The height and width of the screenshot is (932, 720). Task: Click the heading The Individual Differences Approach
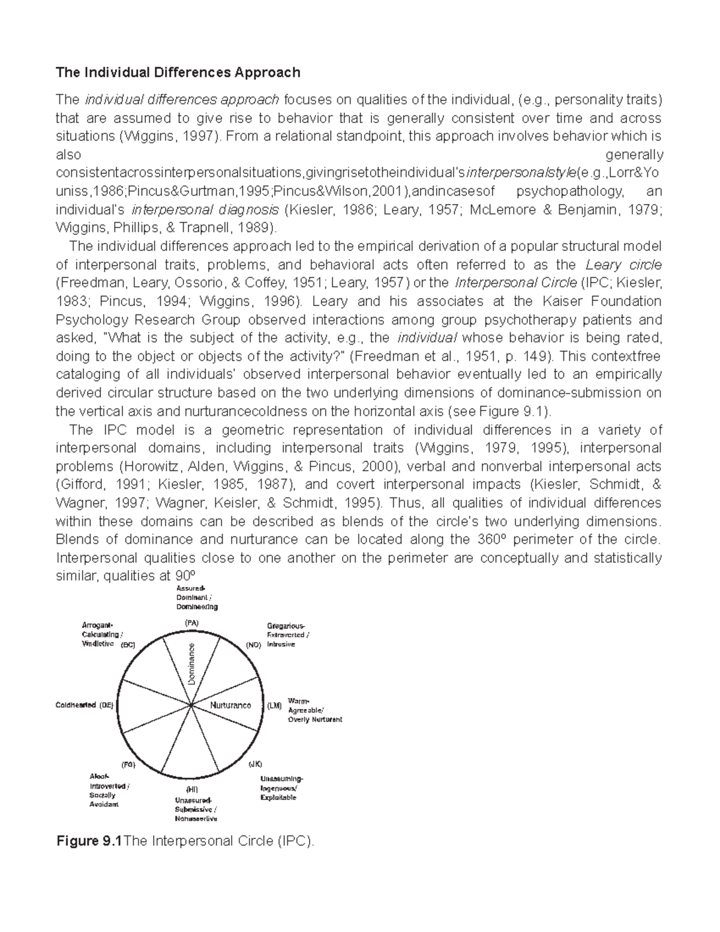(x=178, y=73)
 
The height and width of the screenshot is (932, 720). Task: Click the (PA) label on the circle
(x=191, y=624)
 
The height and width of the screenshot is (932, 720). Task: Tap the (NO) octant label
(x=254, y=645)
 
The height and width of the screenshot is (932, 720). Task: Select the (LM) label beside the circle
(x=274, y=706)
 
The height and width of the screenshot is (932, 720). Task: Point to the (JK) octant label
(x=256, y=764)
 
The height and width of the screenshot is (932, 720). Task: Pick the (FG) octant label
(x=129, y=765)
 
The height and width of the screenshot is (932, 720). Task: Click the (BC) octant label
(x=128, y=645)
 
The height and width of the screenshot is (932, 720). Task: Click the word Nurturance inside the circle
(x=231, y=705)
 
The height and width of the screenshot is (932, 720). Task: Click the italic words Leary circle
(x=623, y=265)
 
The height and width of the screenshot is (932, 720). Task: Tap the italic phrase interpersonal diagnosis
(x=205, y=210)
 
